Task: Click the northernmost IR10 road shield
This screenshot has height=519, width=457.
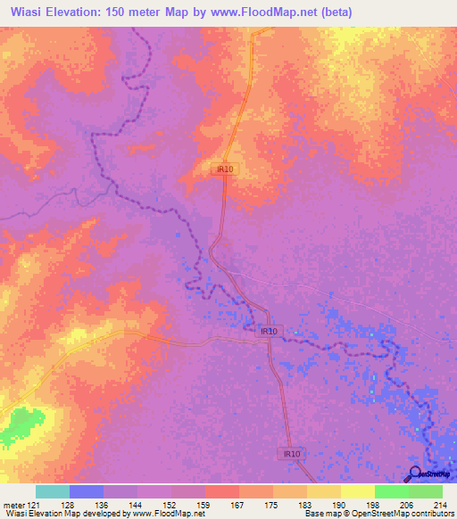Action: [224, 169]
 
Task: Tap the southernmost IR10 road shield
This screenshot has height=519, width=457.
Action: [288, 454]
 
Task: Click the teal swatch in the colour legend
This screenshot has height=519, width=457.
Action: [53, 491]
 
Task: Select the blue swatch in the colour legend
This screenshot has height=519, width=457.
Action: [87, 491]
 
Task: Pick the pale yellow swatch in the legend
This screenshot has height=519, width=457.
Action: [358, 491]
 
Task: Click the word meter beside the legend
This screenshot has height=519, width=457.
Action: [12, 505]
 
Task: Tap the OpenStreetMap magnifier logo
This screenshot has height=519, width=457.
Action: [414, 475]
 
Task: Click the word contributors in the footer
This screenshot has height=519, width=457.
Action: [430, 514]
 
